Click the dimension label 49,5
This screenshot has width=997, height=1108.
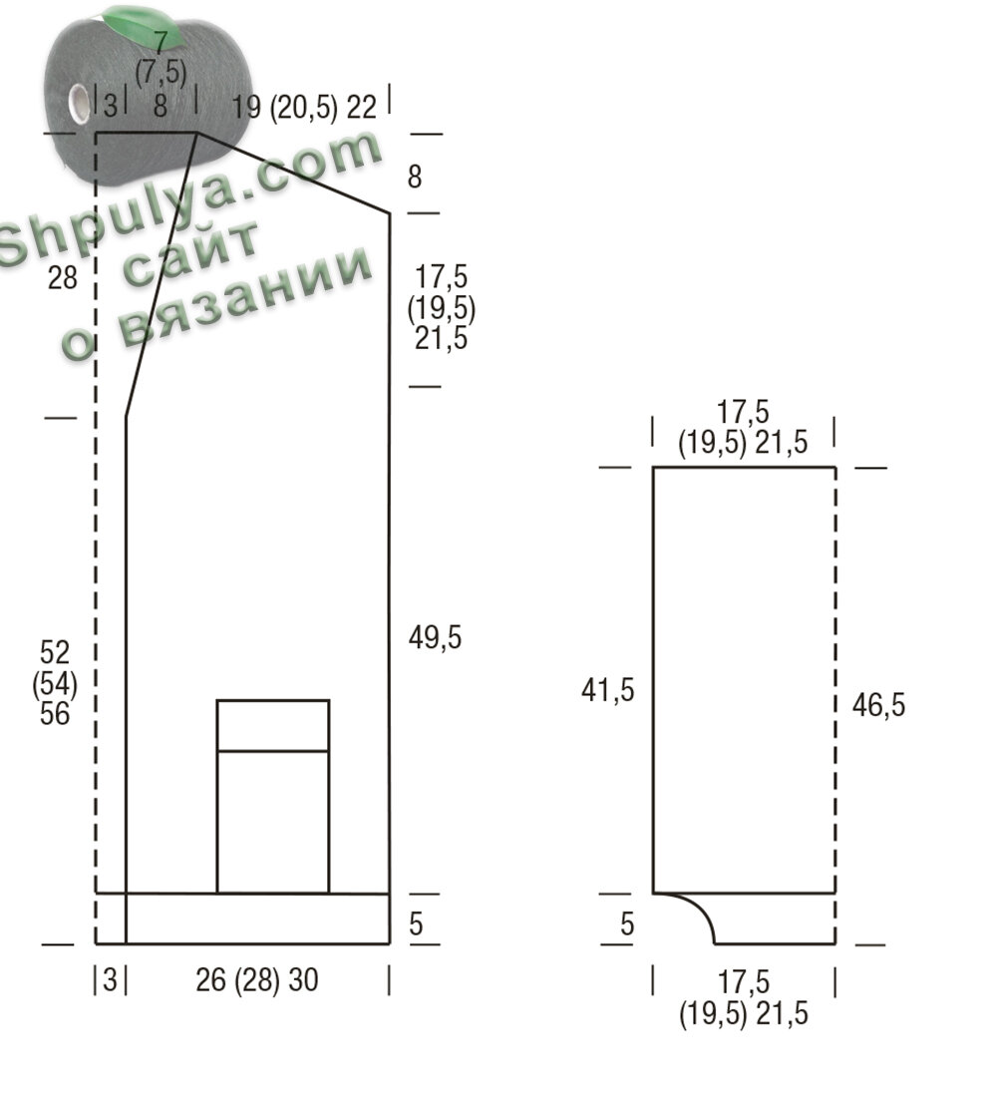[x=435, y=638]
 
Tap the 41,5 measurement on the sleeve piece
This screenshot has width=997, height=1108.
[x=607, y=690]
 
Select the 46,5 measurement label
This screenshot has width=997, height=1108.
[x=878, y=705]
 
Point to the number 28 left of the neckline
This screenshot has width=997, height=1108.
[x=62, y=278]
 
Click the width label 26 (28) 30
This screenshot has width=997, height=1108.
[x=257, y=980]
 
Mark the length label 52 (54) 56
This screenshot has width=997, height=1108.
[x=55, y=683]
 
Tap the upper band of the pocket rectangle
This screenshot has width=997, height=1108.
[x=273, y=726]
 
